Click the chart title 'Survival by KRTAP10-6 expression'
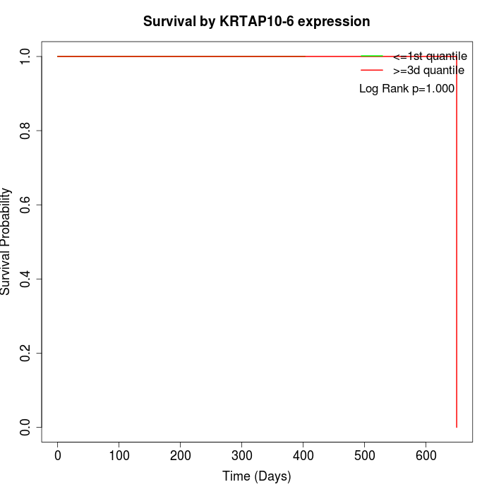256,21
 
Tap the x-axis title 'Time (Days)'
256,476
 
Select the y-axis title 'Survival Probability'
6,241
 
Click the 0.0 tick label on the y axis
26,427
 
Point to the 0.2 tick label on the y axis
26,353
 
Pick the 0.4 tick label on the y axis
26,279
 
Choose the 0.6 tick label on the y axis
26,205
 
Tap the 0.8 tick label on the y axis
26,131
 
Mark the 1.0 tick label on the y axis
26,56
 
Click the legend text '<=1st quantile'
430,56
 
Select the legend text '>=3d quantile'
428,71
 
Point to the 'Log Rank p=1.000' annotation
406,89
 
